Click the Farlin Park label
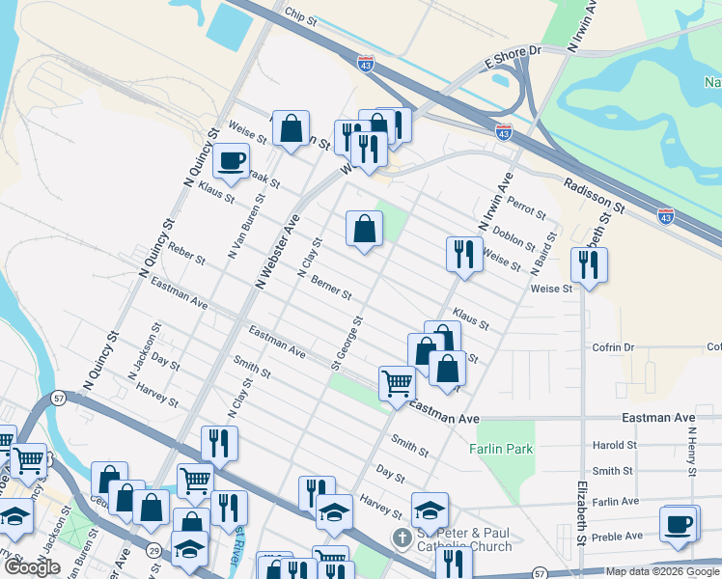coord(501,449)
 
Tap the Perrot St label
coord(527,210)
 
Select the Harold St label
coord(615,446)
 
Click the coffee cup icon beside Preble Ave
coord(680,524)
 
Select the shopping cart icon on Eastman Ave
coord(397,383)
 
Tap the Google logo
coord(32,568)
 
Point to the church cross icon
coord(402,536)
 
